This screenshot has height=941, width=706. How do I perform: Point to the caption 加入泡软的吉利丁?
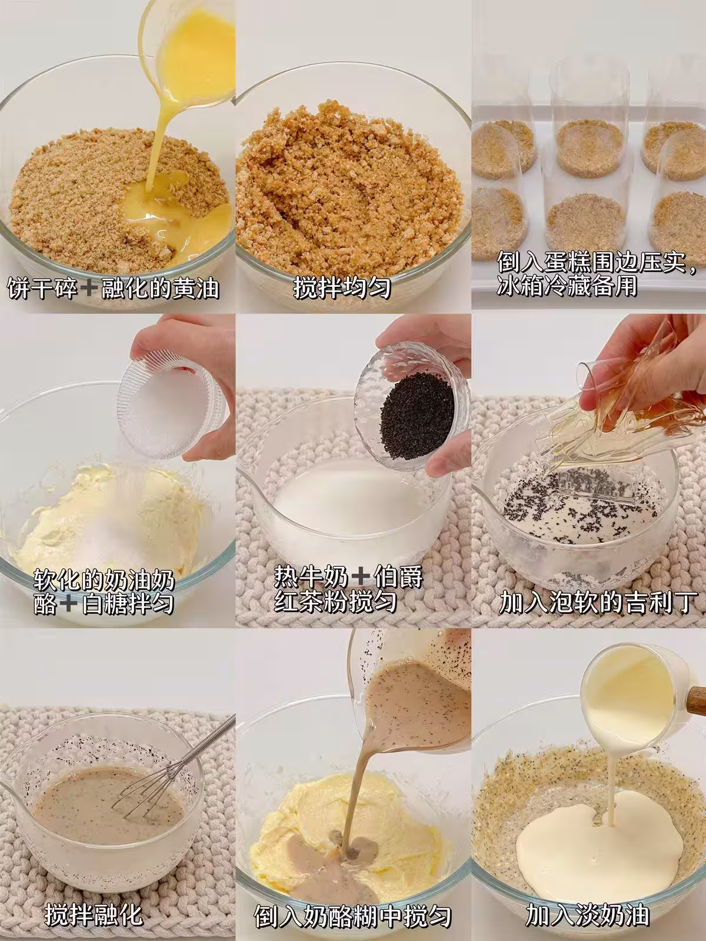tap(596, 603)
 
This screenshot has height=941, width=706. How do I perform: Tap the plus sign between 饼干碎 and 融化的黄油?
tap(89, 288)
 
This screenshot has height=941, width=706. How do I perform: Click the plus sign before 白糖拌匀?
tap(69, 603)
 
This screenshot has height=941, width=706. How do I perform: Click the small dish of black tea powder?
tap(410, 406)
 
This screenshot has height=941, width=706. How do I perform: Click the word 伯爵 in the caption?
tap(398, 577)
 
